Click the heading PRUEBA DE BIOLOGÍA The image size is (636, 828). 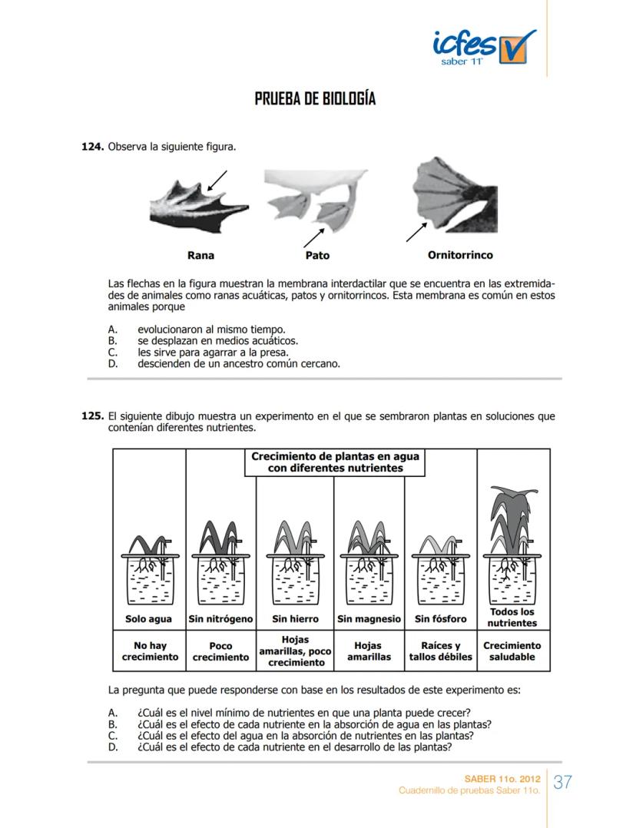pyautogui.click(x=315, y=100)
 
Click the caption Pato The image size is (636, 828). pyautogui.click(x=317, y=255)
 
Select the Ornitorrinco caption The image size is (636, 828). pyautogui.click(x=460, y=254)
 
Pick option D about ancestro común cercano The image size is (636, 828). pyautogui.click(x=238, y=363)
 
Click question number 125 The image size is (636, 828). pyautogui.click(x=93, y=416)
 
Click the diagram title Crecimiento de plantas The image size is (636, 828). pyautogui.click(x=336, y=462)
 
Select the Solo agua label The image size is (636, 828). pyautogui.click(x=149, y=618)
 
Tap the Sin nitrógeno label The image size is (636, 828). pyautogui.click(x=220, y=618)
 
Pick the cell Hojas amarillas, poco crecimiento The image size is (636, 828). pyautogui.click(x=295, y=651)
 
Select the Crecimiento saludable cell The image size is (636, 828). pyautogui.click(x=512, y=651)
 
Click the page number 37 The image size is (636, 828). pyautogui.click(x=563, y=783)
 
